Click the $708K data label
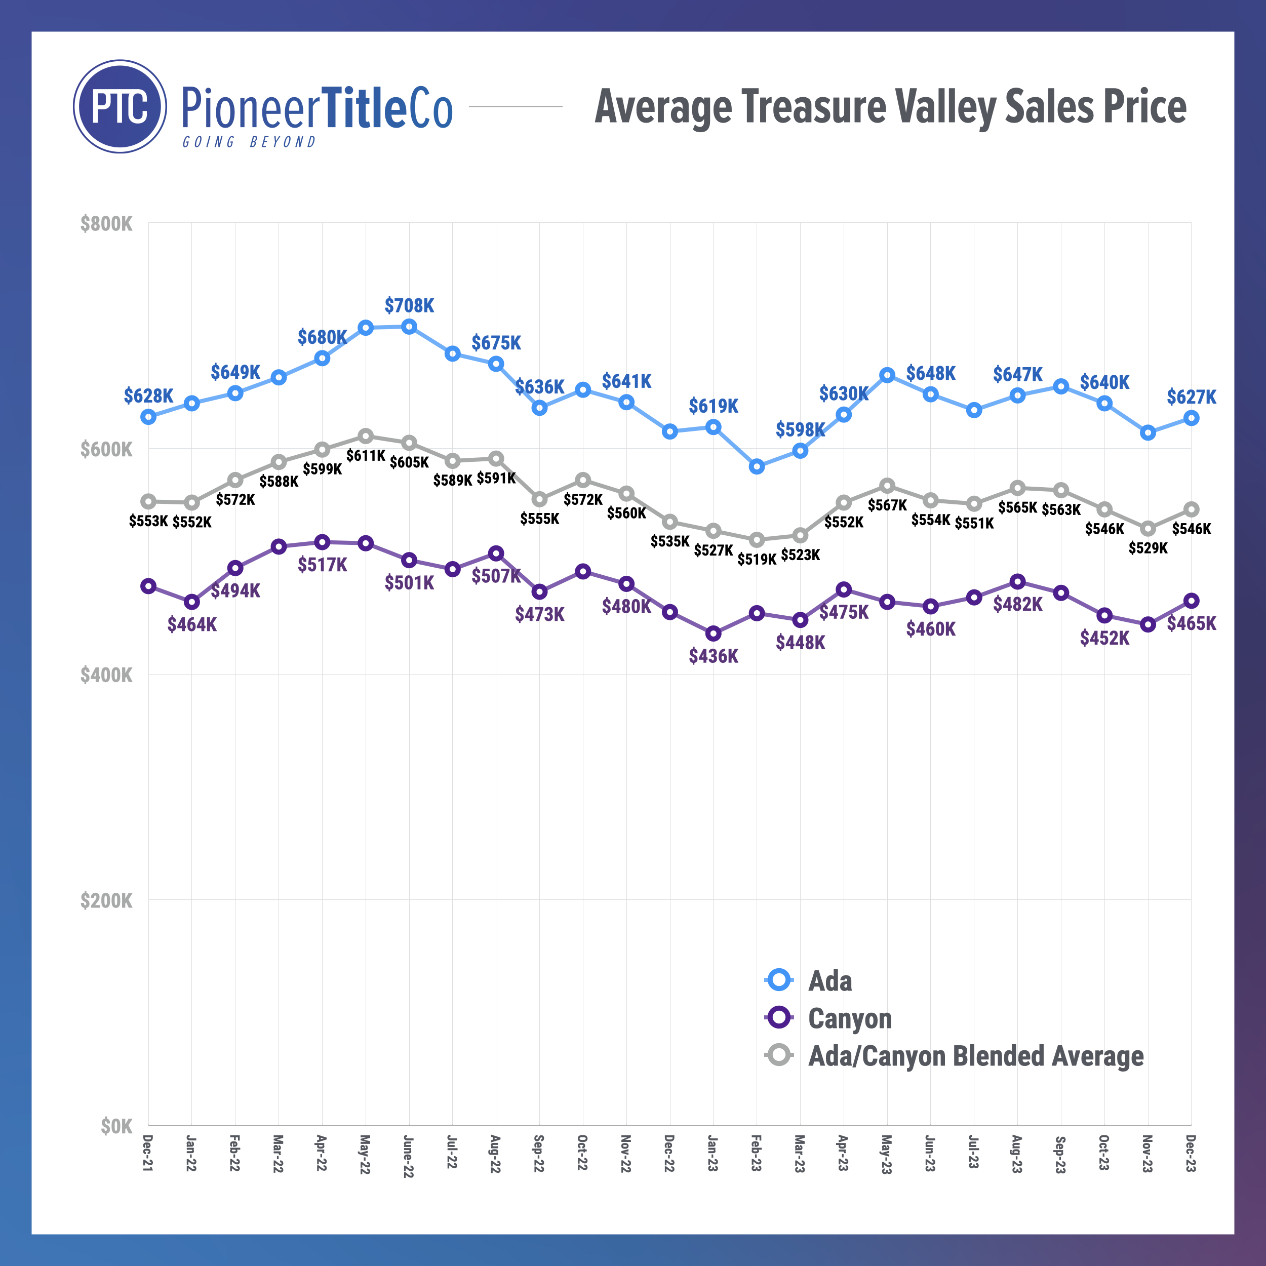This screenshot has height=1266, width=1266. [x=409, y=305]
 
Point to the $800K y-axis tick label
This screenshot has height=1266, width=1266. [x=106, y=224]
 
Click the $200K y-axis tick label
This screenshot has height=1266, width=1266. [x=106, y=900]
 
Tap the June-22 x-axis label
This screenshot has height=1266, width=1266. [x=408, y=1157]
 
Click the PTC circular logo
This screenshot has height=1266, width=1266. [x=120, y=107]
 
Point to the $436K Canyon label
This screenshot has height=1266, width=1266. [x=713, y=656]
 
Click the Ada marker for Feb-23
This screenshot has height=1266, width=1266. [x=757, y=466]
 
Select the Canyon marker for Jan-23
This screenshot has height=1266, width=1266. [x=713, y=634]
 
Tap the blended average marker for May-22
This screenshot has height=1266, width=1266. [x=366, y=437]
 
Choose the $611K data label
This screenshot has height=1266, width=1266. [x=366, y=455]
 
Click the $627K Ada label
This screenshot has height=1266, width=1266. [x=1191, y=397]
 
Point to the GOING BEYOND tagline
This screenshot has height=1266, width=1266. [x=249, y=142]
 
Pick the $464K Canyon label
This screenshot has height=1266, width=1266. [x=192, y=624]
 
